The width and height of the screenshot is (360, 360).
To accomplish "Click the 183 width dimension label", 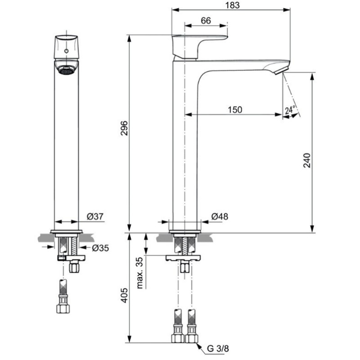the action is coord(232,5).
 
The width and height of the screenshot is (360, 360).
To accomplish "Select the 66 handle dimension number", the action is coord(206,21).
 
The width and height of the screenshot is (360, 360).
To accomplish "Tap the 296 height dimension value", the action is coord(124,128).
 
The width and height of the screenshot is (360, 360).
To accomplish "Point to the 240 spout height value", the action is coord(307,161).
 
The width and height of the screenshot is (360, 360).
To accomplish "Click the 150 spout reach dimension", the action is coord(235,110).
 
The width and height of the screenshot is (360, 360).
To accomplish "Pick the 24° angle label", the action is coord(290,110).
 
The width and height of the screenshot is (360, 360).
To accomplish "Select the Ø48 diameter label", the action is coord(220,216).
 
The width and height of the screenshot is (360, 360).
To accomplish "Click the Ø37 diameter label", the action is coord(95,216).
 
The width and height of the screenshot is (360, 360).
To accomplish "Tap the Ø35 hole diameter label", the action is coord(100,248).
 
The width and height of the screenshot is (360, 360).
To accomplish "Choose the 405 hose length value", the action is coord(124,295).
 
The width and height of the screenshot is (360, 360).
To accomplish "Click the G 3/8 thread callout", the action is coord(218,348).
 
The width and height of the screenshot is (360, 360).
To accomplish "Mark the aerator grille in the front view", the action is coord(66,71).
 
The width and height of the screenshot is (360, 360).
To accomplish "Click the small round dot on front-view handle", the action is coord(66,51).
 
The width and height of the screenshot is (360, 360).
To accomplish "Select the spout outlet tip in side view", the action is coord(282,70).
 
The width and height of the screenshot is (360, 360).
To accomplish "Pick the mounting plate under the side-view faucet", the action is coord(183,258).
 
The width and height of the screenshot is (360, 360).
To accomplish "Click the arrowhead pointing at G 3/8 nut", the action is coord(198,346).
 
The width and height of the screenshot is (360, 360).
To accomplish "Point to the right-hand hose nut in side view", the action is coord(192,338).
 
